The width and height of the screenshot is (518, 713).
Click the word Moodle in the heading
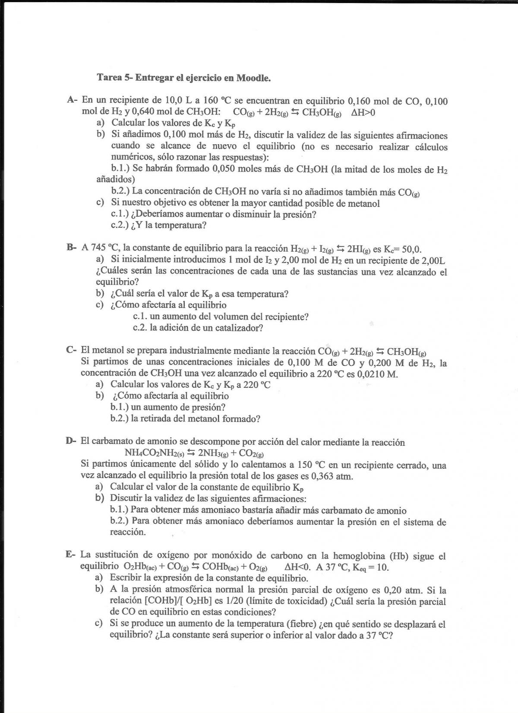253,78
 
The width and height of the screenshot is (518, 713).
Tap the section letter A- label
72,101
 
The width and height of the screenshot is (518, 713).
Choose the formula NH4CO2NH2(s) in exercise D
154,453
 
